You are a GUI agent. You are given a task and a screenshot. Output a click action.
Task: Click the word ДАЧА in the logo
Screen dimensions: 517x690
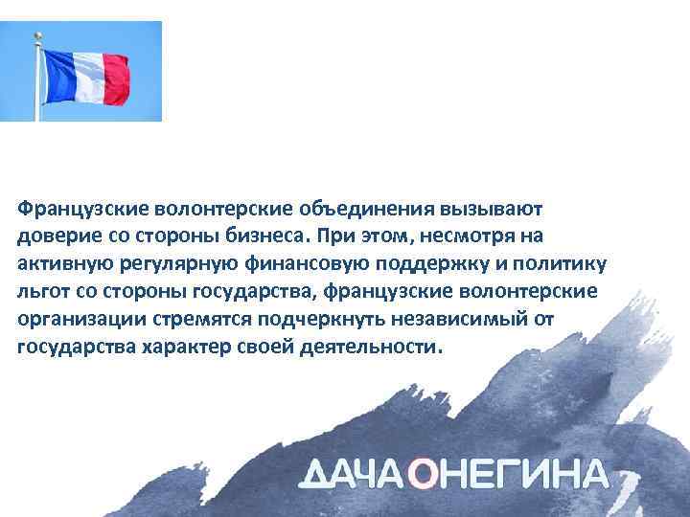(356, 475)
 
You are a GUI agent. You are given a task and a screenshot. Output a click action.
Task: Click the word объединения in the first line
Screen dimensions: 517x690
(368, 208)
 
